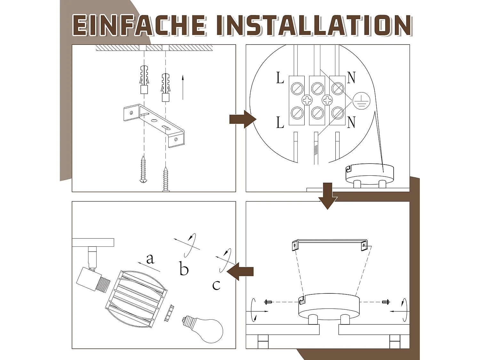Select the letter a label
click(x=150, y=259)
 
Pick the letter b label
click(x=184, y=269)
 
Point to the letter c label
click(x=216, y=285)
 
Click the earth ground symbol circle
click(x=361, y=101)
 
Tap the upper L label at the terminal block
click(x=280, y=78)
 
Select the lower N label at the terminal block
click(x=351, y=122)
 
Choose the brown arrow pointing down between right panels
click(x=328, y=196)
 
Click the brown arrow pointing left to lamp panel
click(x=240, y=271)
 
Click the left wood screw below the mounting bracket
click(x=143, y=169)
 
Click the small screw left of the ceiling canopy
click(x=268, y=302)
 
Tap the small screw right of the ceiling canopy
click(x=386, y=302)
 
